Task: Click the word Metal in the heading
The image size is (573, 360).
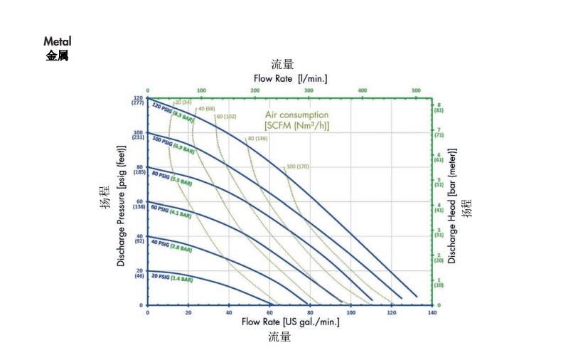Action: tap(58, 42)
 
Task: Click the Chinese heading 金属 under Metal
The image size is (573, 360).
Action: tap(57, 55)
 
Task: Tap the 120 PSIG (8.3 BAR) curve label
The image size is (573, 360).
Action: tap(173, 112)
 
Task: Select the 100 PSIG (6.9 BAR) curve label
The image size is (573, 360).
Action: tap(173, 144)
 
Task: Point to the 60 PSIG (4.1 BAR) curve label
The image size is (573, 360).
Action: tap(171, 211)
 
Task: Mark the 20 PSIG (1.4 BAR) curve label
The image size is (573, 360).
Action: tap(171, 277)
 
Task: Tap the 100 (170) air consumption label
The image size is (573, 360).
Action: tap(297, 166)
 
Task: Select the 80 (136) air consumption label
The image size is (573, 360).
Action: tap(257, 138)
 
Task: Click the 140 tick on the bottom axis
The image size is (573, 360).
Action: tap(432, 312)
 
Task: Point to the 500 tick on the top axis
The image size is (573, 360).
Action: tap(416, 90)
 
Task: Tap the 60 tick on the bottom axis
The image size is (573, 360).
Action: tap(269, 312)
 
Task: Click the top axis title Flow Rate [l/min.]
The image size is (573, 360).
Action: tap(290, 78)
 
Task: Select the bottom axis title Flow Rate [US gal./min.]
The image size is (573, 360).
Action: tap(290, 322)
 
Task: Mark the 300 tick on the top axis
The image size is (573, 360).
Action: tap(309, 90)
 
